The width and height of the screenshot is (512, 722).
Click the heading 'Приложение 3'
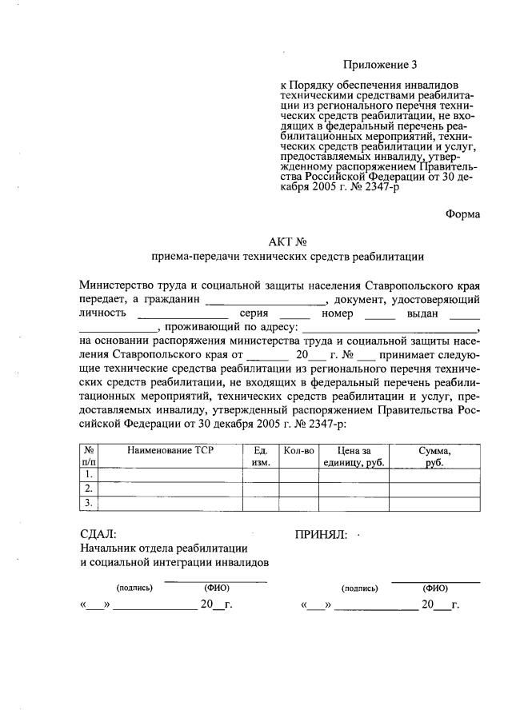point(381,65)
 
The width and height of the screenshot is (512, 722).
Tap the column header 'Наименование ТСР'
point(170,451)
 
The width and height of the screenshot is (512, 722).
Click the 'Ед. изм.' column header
point(261,457)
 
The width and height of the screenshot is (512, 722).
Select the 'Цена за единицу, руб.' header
point(354,457)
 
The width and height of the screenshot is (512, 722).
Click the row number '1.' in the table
point(89,474)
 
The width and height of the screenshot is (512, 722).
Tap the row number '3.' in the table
point(89,503)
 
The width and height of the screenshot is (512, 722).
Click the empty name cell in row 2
point(170,489)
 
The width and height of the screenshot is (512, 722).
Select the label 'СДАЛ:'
point(98,534)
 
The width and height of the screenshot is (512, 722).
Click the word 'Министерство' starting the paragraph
point(114,285)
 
